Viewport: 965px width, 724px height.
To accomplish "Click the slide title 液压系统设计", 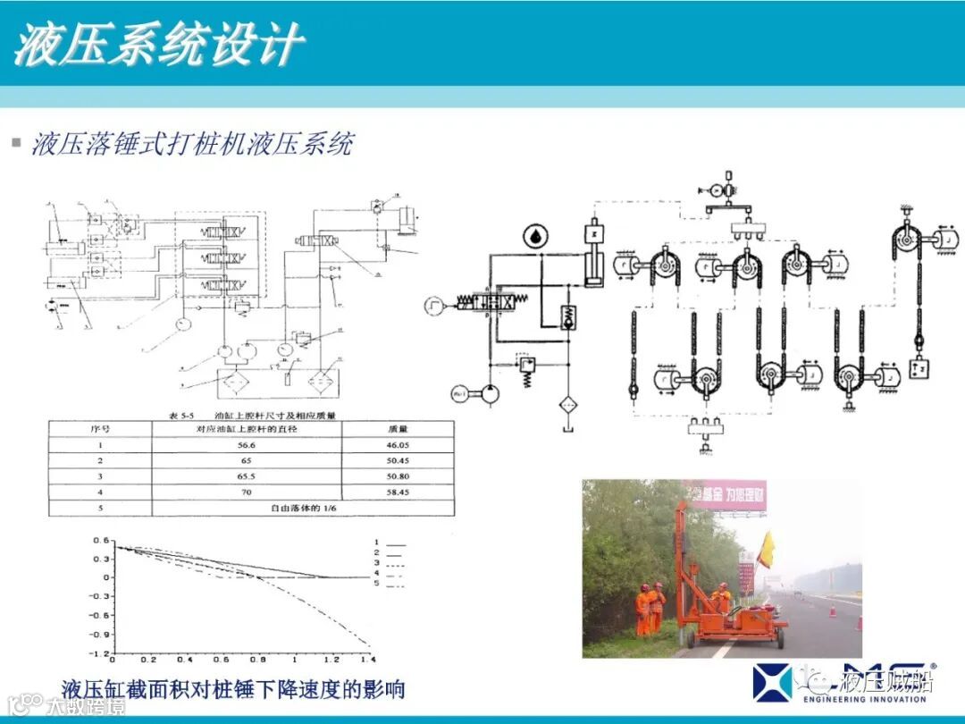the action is (x=158, y=45).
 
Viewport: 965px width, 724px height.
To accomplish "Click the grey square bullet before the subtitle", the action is (x=15, y=143).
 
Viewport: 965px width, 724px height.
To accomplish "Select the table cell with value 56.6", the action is (x=247, y=444).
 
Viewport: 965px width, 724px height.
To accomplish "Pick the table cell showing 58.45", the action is (x=398, y=492).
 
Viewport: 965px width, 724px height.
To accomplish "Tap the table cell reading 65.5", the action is (x=247, y=476).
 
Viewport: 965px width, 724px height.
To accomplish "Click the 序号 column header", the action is (x=100, y=428).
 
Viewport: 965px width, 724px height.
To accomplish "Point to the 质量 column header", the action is (x=398, y=428).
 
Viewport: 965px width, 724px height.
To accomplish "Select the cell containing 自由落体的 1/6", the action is (x=309, y=508).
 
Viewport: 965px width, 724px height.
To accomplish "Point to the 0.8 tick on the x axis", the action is (x=258, y=661).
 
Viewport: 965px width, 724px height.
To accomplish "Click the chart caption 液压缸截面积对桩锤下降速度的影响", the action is (x=233, y=689).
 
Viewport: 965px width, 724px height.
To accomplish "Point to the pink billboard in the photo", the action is (x=725, y=494).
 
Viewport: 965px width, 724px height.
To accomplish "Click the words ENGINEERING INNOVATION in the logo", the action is (x=863, y=699).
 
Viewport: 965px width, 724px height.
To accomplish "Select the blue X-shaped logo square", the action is (x=772, y=681).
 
